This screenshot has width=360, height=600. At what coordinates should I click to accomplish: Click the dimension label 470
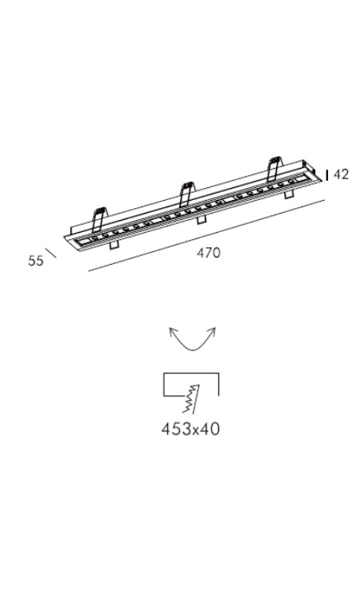click(x=209, y=253)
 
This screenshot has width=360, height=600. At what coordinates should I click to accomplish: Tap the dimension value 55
click(x=35, y=261)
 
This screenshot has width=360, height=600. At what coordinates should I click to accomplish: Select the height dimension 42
click(x=341, y=174)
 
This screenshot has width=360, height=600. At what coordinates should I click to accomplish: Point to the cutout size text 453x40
click(x=190, y=429)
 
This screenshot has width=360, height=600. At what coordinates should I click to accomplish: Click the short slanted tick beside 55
click(x=51, y=253)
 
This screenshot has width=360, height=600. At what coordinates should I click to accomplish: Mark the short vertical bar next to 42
click(x=326, y=175)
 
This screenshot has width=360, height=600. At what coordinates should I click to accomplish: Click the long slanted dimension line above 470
click(x=206, y=235)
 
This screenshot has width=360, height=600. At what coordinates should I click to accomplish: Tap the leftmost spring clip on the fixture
click(x=99, y=219)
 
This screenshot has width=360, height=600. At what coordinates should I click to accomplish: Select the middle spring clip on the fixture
click(x=186, y=194)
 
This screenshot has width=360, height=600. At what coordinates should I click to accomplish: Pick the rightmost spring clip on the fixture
click(x=274, y=169)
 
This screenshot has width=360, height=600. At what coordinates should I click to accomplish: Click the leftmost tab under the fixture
click(x=114, y=245)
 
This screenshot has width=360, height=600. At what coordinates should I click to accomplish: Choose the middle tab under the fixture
click(x=201, y=220)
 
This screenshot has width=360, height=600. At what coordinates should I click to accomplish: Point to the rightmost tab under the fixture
click(x=289, y=194)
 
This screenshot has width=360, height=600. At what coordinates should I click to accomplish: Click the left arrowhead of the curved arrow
click(x=173, y=331)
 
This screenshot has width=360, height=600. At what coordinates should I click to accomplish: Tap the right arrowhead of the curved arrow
click(x=212, y=331)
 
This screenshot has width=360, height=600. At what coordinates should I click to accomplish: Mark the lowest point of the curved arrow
click(x=193, y=350)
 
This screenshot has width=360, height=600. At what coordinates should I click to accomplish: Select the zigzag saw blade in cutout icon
click(x=191, y=398)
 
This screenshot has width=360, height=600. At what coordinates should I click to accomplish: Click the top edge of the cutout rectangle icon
click(x=191, y=373)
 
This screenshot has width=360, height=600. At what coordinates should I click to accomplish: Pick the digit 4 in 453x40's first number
click(x=166, y=429)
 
